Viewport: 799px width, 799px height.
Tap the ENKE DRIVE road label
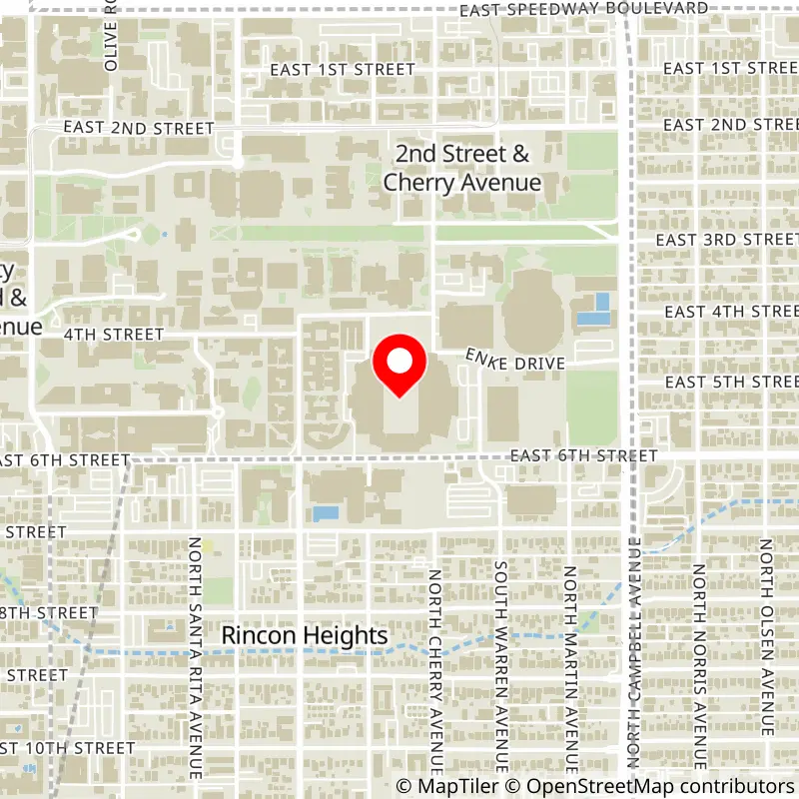(515, 361)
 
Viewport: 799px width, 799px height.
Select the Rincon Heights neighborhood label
(304, 636)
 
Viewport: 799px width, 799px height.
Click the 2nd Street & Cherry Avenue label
(462, 169)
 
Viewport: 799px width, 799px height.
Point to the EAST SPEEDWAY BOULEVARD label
(584, 9)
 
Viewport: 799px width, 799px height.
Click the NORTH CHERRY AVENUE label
(435, 671)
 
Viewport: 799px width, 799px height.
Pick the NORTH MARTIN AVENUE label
(570, 671)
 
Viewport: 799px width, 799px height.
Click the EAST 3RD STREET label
(726, 240)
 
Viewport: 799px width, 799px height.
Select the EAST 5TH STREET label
(730, 383)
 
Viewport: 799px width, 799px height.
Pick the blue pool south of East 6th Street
(326, 513)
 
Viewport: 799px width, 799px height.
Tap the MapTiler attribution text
(445, 787)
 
